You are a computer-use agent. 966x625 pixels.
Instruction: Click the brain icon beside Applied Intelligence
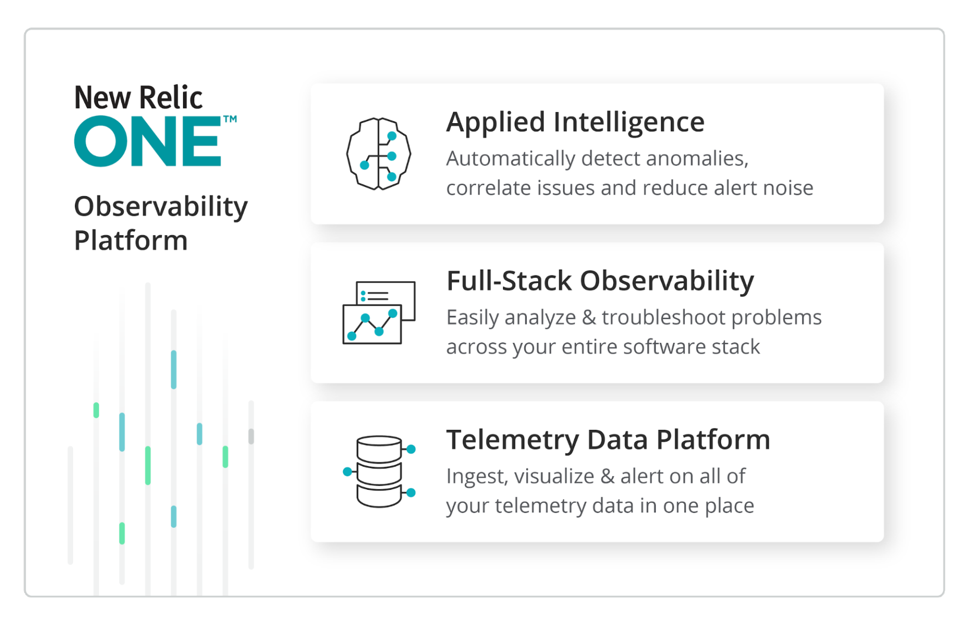coord(378,154)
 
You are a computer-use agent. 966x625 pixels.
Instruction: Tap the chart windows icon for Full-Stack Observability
coord(378,313)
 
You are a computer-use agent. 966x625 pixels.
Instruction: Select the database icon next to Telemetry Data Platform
coord(379,471)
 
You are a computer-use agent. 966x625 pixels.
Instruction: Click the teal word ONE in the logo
coord(147,141)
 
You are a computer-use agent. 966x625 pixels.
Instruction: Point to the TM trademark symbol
coord(230,120)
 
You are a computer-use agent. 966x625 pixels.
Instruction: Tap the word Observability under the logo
coord(160,207)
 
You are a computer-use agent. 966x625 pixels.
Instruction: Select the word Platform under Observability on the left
coord(131,240)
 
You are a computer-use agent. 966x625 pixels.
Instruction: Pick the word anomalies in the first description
coord(697,159)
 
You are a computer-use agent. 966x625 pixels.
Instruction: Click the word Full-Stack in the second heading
coord(509,281)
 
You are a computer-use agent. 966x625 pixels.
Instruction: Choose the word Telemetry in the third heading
coord(512,439)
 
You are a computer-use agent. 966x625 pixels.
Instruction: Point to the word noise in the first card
coord(788,188)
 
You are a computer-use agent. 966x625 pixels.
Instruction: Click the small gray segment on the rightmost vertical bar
coord(251,436)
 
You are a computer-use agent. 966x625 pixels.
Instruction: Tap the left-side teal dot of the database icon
coord(347,472)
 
